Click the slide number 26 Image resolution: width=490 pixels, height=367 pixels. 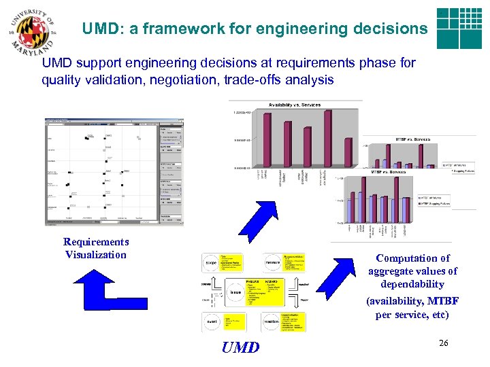tap(444, 344)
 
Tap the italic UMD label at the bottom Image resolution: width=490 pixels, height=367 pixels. tap(240, 348)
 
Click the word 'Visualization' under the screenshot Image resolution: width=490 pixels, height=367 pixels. tap(96, 255)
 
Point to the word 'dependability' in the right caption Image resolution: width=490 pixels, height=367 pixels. tap(412, 284)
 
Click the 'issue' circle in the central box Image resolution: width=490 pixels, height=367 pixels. tap(235, 292)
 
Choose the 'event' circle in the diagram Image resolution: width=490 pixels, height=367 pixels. tap(212, 320)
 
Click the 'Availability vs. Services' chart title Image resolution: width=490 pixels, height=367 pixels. tap(295, 105)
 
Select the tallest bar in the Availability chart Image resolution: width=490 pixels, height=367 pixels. tap(328, 139)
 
